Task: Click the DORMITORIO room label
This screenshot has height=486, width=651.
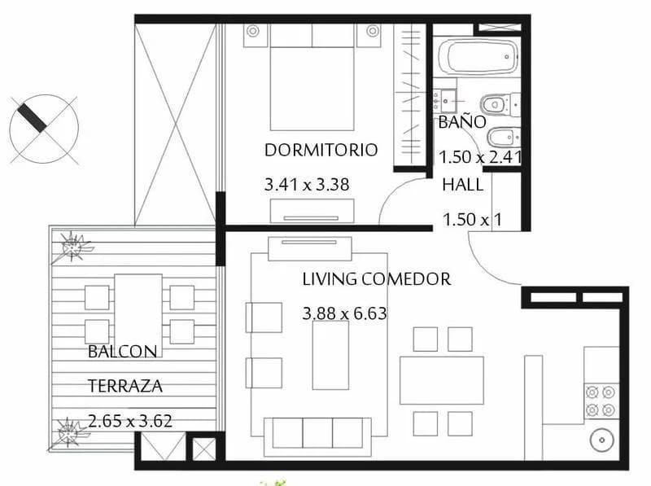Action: tap(321, 150)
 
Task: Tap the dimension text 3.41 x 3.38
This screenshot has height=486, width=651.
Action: tap(307, 185)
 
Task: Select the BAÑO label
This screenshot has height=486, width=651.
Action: tap(461, 122)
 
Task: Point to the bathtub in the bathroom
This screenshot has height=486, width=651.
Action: tap(477, 58)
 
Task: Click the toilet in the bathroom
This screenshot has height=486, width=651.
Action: tap(496, 105)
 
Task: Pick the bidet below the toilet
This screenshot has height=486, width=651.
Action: tap(500, 136)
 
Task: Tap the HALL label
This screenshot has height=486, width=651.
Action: tap(462, 185)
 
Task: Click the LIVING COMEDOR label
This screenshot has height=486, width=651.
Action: tap(376, 279)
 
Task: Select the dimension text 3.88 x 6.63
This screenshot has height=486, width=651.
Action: tap(343, 313)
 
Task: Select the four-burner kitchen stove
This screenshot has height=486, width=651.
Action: tap(602, 401)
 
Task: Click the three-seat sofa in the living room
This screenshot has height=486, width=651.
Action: tap(317, 432)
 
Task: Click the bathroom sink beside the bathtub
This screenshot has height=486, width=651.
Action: tap(444, 101)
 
